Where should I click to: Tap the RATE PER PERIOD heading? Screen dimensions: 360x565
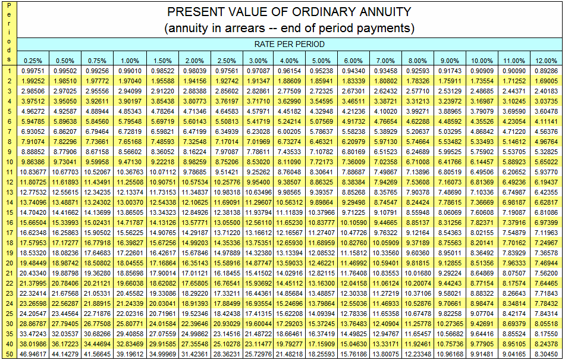[x=290, y=44]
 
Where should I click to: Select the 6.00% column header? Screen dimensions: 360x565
[x=353, y=61]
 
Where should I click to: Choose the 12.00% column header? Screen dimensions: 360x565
[x=545, y=61]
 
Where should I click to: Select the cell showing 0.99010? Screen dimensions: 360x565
[x=129, y=71]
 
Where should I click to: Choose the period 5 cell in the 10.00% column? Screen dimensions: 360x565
[x=481, y=111]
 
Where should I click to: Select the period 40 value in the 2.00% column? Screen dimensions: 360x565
[x=193, y=343]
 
